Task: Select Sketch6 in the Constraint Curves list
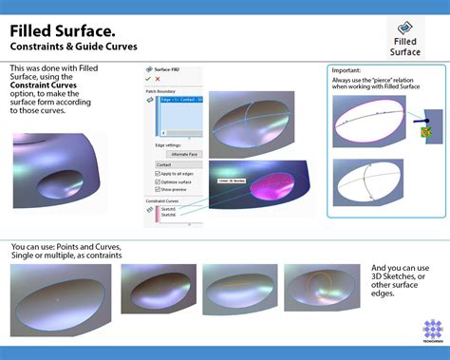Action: point(169,216)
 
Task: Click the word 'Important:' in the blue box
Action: point(347,69)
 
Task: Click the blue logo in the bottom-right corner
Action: point(433,331)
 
